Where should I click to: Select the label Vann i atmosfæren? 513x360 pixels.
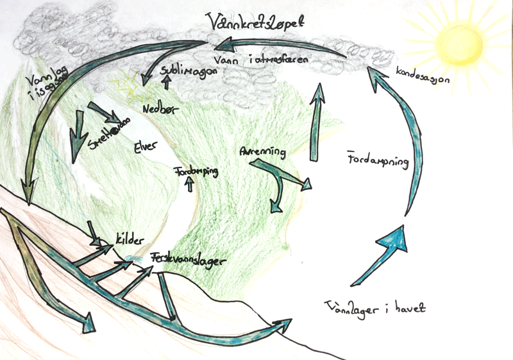tap(273, 59)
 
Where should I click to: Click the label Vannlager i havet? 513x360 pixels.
tap(375, 307)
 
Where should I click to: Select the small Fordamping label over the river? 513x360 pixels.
tap(196, 171)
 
